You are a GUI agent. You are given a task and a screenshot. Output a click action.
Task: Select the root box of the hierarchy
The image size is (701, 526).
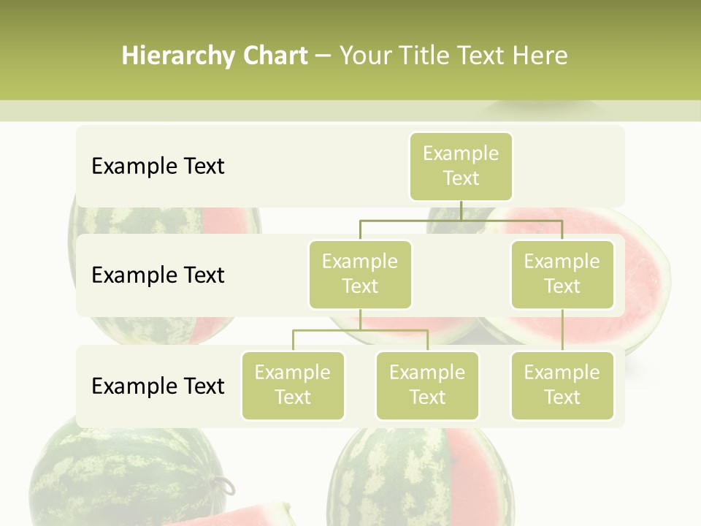point(461,166)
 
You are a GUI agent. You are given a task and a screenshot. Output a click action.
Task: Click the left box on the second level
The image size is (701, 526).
point(360,274)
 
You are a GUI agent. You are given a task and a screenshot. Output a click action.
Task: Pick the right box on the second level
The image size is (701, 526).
point(562,274)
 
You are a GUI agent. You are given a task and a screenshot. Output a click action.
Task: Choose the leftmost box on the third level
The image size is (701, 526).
point(293,385)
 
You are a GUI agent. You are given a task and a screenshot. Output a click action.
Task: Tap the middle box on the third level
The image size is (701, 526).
point(427,385)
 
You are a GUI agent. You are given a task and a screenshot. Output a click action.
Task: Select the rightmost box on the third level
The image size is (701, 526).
point(562,385)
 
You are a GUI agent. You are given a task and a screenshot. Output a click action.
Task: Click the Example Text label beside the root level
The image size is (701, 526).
point(158,167)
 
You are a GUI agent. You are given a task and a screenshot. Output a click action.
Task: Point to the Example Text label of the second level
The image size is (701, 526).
point(158,275)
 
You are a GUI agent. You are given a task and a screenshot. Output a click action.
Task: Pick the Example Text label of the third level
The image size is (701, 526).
point(158,386)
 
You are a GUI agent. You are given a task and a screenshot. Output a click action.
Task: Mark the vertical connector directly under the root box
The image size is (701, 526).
point(461,210)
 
